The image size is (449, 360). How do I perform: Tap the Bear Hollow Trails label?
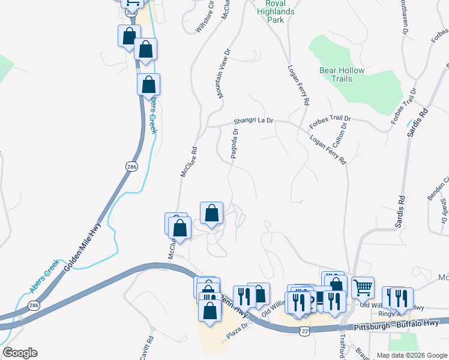342,74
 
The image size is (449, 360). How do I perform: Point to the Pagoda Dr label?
235,144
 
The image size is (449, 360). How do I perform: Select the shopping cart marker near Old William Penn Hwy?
363,287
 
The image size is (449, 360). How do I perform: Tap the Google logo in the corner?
20,352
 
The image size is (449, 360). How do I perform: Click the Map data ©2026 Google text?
412,355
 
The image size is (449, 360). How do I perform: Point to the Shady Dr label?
443,211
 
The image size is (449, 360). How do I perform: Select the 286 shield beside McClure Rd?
131,166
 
